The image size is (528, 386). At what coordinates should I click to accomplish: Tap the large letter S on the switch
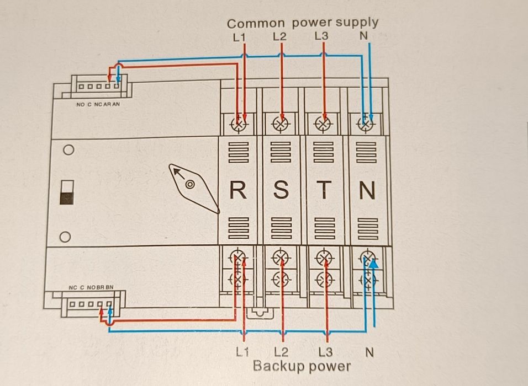pos(281,190)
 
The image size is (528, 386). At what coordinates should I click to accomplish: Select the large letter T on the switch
pos(324,190)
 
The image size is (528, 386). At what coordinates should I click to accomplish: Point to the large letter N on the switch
pos(367,191)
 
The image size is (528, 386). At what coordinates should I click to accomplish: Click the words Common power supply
pos(303,23)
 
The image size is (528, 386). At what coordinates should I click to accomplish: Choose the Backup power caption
pos(302,366)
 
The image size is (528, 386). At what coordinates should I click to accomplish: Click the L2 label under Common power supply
pos(280,37)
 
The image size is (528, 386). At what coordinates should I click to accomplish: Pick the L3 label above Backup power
pos(326,351)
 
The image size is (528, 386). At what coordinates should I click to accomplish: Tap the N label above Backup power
pos(369,351)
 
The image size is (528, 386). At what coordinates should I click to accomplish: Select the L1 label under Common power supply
pos(239,37)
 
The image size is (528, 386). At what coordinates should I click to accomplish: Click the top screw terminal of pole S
pos(282,123)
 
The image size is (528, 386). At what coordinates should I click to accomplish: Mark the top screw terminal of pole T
pos(325,123)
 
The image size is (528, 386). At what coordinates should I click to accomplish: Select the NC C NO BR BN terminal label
pos(91,287)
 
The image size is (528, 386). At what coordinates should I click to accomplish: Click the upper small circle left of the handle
pos(68,150)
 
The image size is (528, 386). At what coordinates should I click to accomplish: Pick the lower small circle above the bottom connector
pos(65,237)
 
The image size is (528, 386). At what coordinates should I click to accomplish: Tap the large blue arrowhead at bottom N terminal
pos(374,265)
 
